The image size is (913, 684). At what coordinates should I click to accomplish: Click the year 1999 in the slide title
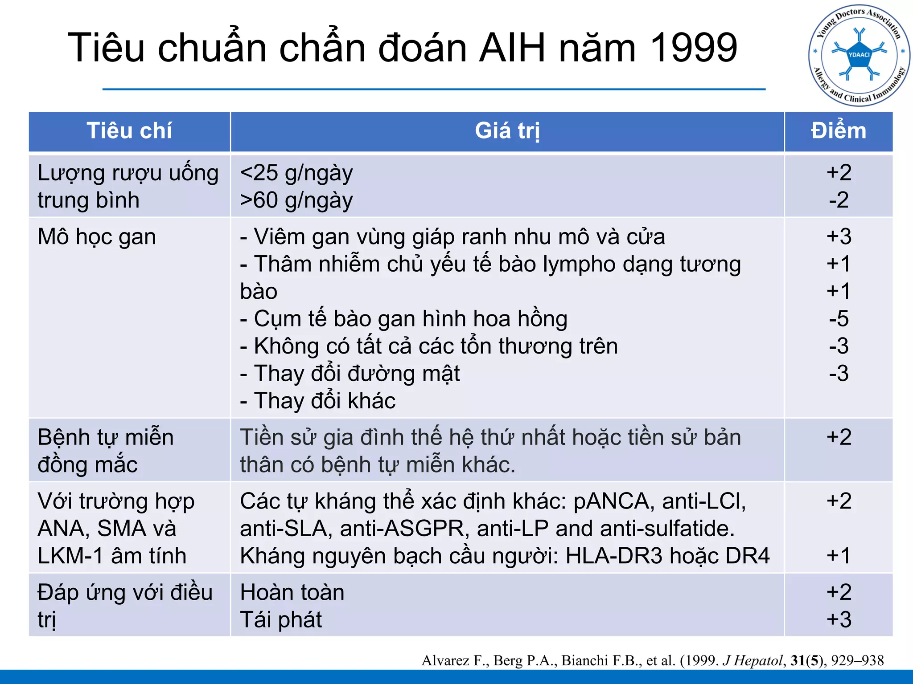[694, 48]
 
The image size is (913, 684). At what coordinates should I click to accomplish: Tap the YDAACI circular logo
[859, 56]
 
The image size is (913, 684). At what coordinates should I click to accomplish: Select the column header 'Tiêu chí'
[129, 131]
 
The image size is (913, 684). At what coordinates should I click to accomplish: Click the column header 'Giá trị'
[507, 131]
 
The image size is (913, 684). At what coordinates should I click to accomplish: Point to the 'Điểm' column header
[838, 131]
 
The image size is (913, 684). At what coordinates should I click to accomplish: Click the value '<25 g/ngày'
[296, 173]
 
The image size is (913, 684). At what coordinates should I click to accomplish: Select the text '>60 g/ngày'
[296, 200]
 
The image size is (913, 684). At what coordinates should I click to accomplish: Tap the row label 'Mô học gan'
[97, 236]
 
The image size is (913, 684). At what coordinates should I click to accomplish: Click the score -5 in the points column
[839, 319]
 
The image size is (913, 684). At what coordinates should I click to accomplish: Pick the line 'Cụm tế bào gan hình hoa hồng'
[410, 319]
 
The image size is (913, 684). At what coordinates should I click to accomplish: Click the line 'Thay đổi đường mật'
[357, 373]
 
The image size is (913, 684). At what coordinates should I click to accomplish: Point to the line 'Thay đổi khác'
[325, 401]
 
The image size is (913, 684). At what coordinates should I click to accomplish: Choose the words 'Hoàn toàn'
[292, 592]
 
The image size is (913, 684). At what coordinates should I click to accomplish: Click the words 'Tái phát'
[281, 619]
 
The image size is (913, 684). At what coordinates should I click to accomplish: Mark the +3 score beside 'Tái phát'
[839, 619]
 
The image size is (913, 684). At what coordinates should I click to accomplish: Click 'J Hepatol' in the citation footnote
[753, 660]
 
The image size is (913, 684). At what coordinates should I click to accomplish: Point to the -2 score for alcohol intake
[839, 200]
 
